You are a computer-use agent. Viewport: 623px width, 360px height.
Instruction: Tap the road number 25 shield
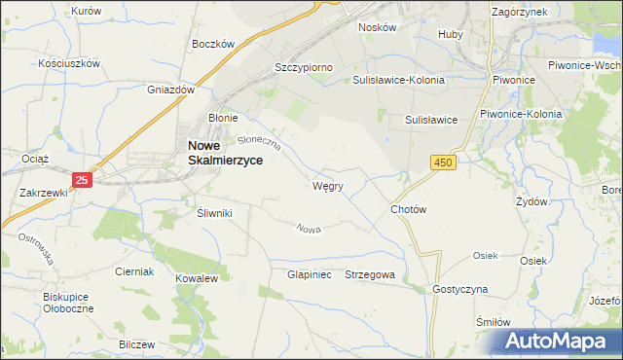coord(83,179)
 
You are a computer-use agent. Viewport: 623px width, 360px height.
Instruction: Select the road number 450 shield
coord(444,162)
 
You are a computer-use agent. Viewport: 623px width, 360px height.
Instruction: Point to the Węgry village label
coord(327,186)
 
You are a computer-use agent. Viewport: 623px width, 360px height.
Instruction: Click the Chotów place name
coord(409,209)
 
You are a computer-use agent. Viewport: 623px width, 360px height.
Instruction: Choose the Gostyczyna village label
coord(460,290)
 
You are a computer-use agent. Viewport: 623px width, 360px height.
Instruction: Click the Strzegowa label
coord(370,275)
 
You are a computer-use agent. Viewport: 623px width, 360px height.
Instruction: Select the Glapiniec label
coord(310,275)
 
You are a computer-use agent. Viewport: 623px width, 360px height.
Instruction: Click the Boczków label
coord(214,44)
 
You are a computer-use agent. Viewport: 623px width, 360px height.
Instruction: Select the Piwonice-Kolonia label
coord(521,114)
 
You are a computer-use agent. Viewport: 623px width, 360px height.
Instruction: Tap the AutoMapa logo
coord(557,342)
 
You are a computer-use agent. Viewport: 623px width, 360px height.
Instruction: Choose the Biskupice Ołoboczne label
coord(67,304)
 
